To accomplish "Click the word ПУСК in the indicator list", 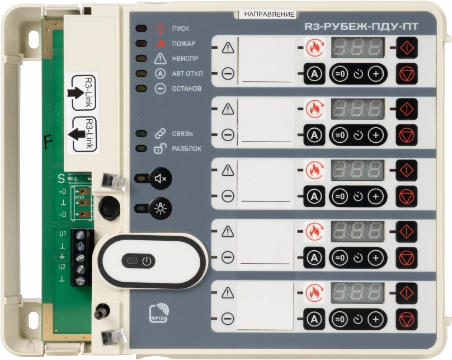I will tap(180, 29).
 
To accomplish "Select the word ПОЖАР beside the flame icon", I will tap(183, 44).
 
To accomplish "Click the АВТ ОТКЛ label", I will tap(187, 73).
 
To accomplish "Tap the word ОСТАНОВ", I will tap(187, 88).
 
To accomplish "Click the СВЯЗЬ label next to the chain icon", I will tap(182, 134).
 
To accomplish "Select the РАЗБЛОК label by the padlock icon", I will tap(187, 149).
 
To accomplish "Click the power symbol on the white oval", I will tap(146, 261).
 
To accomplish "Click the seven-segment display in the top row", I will tap(357, 48).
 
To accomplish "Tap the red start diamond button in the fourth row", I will tap(407, 230).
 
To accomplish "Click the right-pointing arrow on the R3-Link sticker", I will tap(74, 92).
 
